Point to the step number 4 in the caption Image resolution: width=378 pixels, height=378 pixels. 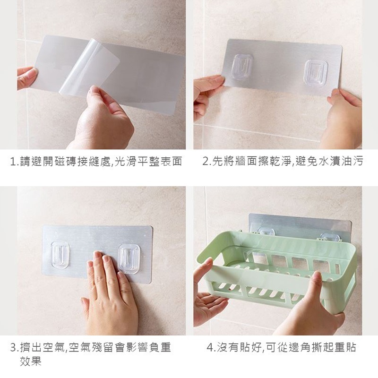[210, 348]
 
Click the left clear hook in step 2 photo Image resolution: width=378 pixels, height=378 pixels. [242, 67]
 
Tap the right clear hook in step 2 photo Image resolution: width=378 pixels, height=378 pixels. [316, 72]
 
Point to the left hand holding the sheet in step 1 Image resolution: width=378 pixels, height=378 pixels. [26, 77]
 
